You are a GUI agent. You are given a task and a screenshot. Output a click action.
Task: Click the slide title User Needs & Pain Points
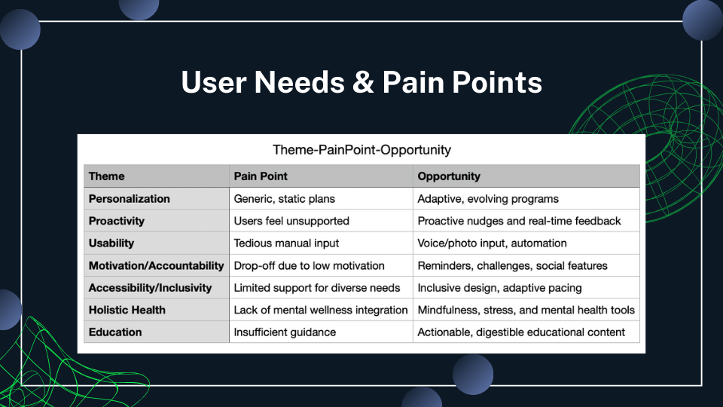[x=361, y=82]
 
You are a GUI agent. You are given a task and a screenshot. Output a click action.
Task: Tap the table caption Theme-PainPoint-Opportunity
[x=361, y=149]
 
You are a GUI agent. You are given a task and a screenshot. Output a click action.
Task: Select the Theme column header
[x=106, y=176]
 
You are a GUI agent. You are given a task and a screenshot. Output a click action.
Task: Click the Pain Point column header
[x=261, y=176]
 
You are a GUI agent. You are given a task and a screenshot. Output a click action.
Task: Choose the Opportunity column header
[x=449, y=176]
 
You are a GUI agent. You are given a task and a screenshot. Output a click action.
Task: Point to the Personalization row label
[x=129, y=199]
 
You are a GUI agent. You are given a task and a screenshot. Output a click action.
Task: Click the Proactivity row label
[x=116, y=221]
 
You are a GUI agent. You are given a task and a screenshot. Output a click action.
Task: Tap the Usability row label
[x=111, y=243]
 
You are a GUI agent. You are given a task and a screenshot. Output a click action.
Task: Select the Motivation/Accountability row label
[x=156, y=266]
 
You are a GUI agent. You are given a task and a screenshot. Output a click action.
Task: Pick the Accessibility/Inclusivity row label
[x=150, y=288]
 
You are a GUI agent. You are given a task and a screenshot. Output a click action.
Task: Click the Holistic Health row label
[x=127, y=310]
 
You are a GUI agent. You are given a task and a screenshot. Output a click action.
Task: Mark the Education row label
[x=114, y=332]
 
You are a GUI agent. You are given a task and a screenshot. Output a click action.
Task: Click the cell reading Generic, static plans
[x=284, y=199]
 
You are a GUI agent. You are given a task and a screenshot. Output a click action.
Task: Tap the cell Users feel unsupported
[x=291, y=221]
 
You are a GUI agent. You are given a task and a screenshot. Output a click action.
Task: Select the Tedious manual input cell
[x=286, y=243]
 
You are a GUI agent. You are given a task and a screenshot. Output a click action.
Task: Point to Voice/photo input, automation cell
[x=492, y=243]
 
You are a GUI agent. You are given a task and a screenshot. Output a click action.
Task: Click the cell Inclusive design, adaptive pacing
[x=499, y=288]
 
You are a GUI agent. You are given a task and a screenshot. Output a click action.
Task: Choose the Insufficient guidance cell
[x=285, y=332]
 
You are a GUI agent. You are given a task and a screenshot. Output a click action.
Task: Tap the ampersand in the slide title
[x=363, y=82]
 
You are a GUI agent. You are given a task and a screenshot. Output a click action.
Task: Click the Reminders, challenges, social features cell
[x=512, y=266]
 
